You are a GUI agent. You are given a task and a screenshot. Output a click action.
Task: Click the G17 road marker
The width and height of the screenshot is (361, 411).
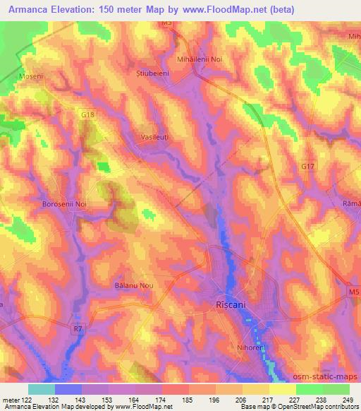(307, 167)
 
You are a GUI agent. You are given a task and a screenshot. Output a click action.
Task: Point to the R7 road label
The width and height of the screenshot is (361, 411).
(78, 328)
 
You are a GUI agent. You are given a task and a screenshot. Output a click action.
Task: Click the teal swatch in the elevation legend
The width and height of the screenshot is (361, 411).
(42, 389)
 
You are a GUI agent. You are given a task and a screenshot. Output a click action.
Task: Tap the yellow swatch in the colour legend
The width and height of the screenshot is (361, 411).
(282, 389)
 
